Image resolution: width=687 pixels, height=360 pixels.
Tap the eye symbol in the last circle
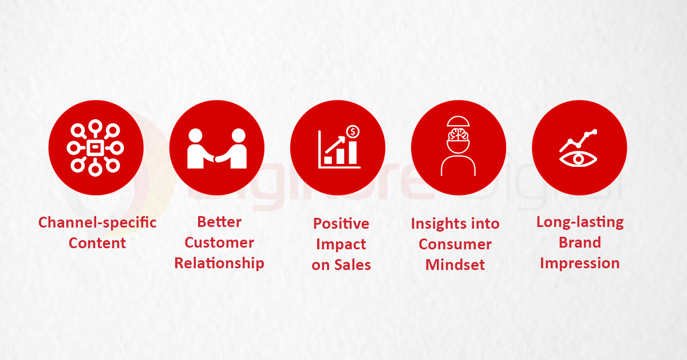[x=579, y=158]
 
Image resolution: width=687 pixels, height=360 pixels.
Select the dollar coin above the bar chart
[x=353, y=132]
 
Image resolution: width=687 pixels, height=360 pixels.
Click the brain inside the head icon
[x=458, y=135]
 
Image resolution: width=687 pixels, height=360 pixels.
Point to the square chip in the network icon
[x=95, y=148]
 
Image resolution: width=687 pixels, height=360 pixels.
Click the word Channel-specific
[x=97, y=222]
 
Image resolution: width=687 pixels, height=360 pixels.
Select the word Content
[x=97, y=243]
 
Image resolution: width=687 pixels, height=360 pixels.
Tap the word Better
[x=219, y=222]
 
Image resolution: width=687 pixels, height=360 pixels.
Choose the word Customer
[x=219, y=242]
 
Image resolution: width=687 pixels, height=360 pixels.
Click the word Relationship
[x=219, y=263]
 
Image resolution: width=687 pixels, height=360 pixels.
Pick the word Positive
[x=341, y=223]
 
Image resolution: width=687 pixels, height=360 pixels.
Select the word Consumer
[x=455, y=244]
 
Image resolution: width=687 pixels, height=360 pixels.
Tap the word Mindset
[x=455, y=265]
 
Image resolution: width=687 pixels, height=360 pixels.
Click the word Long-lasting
[x=580, y=222]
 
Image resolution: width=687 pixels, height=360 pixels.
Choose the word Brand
[x=580, y=242]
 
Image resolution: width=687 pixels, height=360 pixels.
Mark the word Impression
[x=580, y=263]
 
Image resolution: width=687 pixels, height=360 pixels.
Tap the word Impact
[x=341, y=244]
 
